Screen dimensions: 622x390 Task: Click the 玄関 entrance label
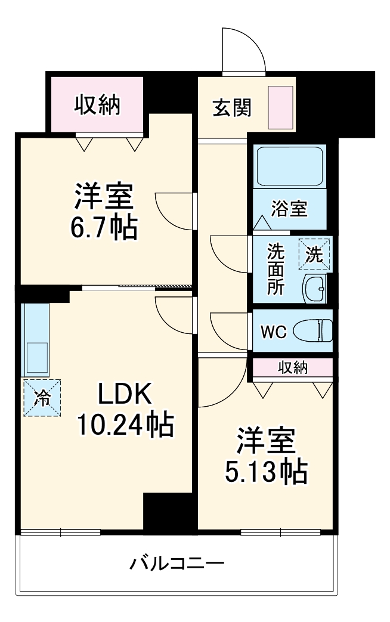pyautogui.click(x=232, y=108)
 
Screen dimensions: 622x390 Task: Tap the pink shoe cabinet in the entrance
pyautogui.click(x=280, y=108)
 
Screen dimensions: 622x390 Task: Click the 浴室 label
pyautogui.click(x=289, y=209)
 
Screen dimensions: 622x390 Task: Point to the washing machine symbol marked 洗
pyautogui.click(x=314, y=254)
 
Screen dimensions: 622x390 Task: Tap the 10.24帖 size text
pyautogui.click(x=125, y=425)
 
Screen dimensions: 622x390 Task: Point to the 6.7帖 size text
pyautogui.click(x=104, y=227)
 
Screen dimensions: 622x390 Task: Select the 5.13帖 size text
pyautogui.click(x=267, y=473)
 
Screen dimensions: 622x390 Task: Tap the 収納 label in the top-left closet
pyautogui.click(x=97, y=105)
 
